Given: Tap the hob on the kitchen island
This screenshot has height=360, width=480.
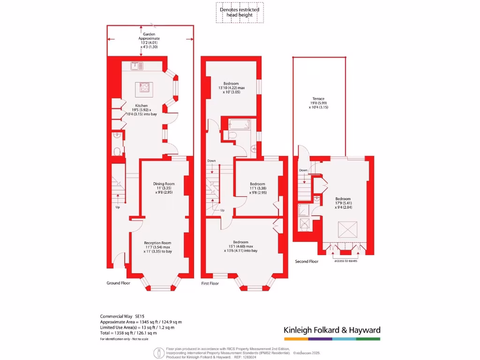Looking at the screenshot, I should [144, 87].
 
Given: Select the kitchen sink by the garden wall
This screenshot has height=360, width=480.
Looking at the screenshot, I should [136, 66].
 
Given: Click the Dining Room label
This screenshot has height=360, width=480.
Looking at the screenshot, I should [164, 188].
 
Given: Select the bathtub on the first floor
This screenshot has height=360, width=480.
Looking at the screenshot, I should [239, 124].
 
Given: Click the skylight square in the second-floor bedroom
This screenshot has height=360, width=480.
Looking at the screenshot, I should [348, 231].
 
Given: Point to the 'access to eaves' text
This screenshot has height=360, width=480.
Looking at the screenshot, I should [346, 261].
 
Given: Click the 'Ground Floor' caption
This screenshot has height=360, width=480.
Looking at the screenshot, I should [119, 283].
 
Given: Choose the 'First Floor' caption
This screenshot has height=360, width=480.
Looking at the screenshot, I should [210, 284].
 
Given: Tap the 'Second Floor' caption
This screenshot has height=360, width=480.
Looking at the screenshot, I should [307, 261].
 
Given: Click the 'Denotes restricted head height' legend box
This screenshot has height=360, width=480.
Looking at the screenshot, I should [240, 13].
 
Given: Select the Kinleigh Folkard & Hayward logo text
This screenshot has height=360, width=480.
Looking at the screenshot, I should [332, 330].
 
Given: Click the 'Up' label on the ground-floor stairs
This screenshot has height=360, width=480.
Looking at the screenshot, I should [118, 207].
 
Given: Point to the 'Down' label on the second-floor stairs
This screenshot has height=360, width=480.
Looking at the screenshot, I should [304, 170].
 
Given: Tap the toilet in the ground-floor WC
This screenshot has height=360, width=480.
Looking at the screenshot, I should [117, 151].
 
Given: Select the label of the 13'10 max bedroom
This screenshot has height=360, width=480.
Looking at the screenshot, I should [232, 88].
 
